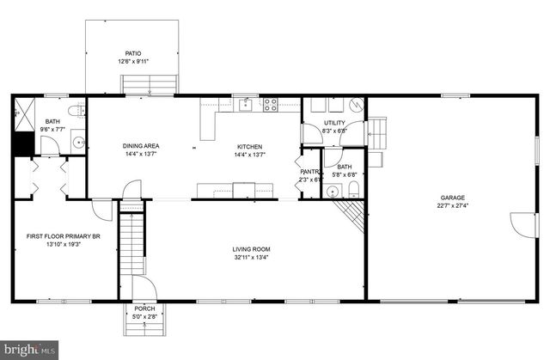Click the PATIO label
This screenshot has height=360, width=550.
(x=133, y=53)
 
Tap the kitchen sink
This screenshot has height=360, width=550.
(x=246, y=105)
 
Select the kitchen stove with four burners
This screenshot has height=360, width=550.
(x=270, y=105)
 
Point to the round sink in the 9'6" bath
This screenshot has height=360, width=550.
(x=76, y=143)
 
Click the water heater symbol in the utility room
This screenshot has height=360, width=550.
(x=354, y=107)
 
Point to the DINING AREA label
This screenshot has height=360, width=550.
(x=141, y=146)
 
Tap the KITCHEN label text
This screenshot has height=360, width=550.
(x=250, y=146)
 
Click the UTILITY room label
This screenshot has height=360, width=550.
(x=334, y=123)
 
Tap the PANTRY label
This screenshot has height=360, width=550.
(x=309, y=171)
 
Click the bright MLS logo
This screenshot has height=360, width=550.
(x=30, y=350)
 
